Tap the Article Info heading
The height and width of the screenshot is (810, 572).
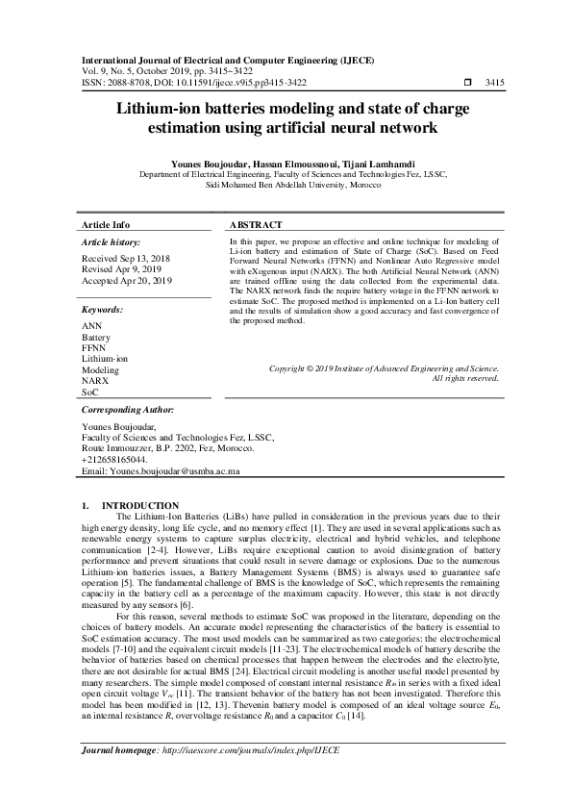tap(107, 224)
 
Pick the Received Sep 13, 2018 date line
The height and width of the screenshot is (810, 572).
tap(125, 260)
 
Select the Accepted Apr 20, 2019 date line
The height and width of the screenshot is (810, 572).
tap(127, 280)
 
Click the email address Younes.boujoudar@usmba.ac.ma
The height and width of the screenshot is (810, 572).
tap(162, 472)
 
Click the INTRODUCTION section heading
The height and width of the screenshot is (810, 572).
tap(140, 506)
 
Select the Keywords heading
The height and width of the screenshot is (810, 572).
tap(103, 311)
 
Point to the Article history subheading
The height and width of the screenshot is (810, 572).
tap(112, 241)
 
